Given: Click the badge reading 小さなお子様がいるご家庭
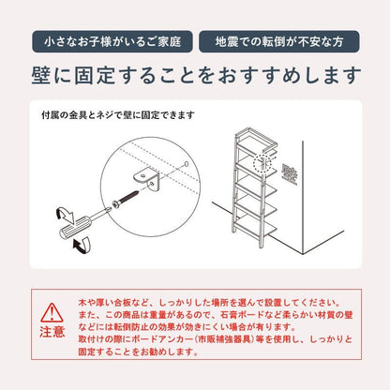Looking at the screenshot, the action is (112, 41).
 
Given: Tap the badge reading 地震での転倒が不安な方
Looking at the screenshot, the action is (279, 41).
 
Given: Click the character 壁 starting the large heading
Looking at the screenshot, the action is (41, 75).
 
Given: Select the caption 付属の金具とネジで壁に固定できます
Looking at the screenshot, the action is (118, 115).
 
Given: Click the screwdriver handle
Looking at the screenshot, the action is (75, 230).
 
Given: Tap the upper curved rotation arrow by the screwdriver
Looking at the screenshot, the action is (65, 216).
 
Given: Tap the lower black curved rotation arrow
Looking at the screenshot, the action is (82, 244).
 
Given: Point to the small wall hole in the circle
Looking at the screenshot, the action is (187, 163).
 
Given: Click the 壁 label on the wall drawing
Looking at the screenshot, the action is (290, 173).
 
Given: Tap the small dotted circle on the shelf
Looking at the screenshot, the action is (262, 163).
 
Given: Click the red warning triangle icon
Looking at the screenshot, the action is (52, 312).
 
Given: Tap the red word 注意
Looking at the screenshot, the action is (52, 332).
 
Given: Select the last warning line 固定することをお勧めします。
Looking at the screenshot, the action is (139, 352).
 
